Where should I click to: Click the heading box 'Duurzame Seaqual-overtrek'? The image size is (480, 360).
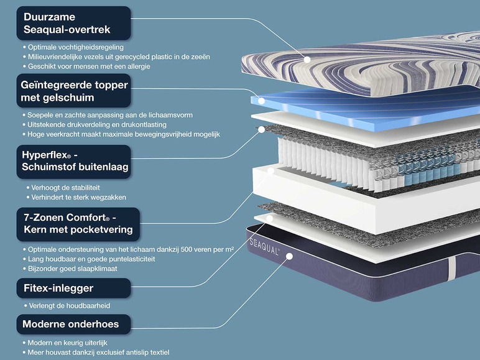point(73,23)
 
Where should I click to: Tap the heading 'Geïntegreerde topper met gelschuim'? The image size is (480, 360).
point(73,91)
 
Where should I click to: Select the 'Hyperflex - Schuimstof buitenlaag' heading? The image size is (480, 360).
point(73,161)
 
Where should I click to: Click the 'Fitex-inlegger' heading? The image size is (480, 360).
point(73,288)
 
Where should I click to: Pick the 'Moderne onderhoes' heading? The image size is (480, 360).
point(73,324)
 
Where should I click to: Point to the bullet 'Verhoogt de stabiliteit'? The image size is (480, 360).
point(64,187)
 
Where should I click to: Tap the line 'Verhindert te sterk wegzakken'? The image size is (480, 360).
point(77,197)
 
